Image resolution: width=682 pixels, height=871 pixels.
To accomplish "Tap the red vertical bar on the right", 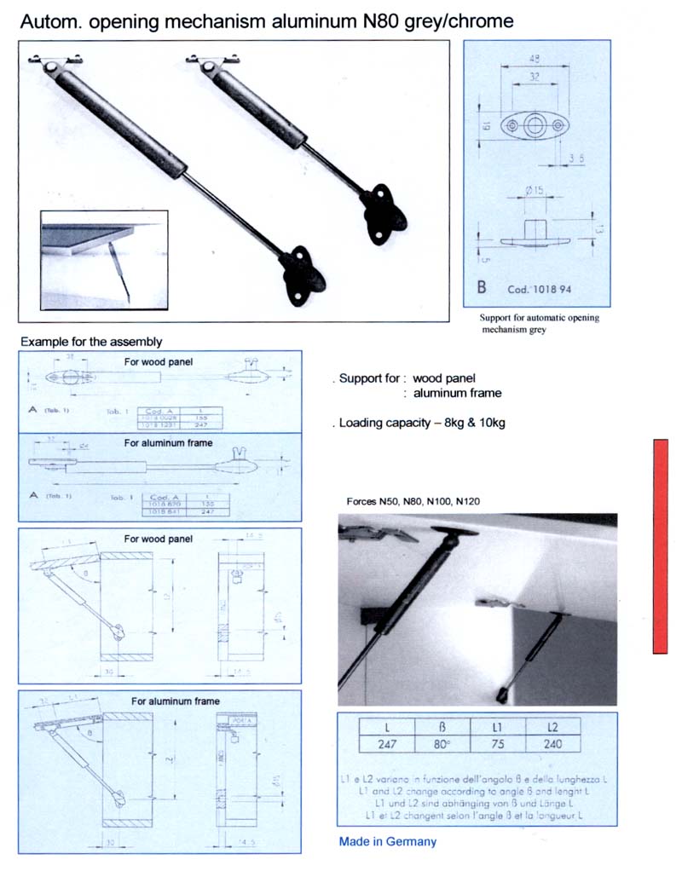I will (x=667, y=546).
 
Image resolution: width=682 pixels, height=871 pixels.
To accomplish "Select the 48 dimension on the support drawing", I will (x=535, y=60).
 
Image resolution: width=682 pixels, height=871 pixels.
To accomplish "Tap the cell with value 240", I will (x=552, y=743).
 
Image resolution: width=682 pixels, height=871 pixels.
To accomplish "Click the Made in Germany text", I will (x=387, y=841).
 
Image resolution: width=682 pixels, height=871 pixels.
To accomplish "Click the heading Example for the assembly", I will (x=91, y=341).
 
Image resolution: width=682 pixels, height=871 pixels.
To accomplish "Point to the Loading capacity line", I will (x=420, y=422).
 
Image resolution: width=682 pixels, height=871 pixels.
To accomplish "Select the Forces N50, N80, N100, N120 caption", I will (x=413, y=501).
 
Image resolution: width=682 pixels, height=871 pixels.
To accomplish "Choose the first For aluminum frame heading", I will (x=168, y=443).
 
